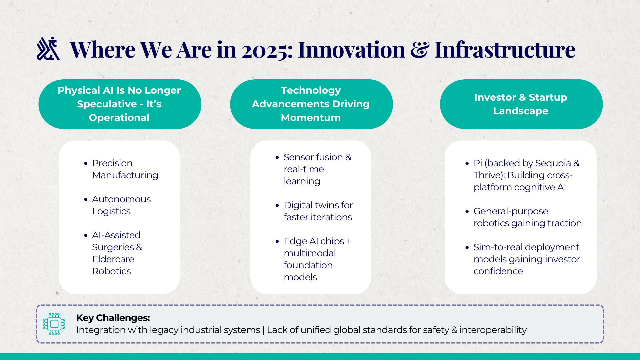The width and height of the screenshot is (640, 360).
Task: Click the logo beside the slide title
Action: tap(48, 49)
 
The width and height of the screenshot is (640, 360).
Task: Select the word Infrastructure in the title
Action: tap(505, 49)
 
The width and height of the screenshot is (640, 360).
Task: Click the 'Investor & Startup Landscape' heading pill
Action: tap(521, 104)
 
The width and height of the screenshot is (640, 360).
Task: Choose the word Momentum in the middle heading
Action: tap(311, 118)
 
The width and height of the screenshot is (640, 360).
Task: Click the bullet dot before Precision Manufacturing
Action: tap(86, 164)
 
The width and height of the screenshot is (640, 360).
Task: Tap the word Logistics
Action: tap(111, 211)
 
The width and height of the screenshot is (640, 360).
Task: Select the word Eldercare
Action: tap(113, 259)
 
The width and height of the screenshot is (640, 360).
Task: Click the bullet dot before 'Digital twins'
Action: tap(277, 206)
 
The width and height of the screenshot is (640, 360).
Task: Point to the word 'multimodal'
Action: tap(310, 253)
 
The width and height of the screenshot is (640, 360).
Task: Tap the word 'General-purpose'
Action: tap(511, 211)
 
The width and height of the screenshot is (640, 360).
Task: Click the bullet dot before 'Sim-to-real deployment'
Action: tap(467, 248)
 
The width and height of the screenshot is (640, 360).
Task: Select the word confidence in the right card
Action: tap(498, 271)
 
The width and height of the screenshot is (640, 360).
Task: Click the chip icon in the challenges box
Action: tap(54, 324)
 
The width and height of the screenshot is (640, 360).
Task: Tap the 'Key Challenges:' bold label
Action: tap(113, 318)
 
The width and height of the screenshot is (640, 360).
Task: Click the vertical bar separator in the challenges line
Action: tap(263, 330)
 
